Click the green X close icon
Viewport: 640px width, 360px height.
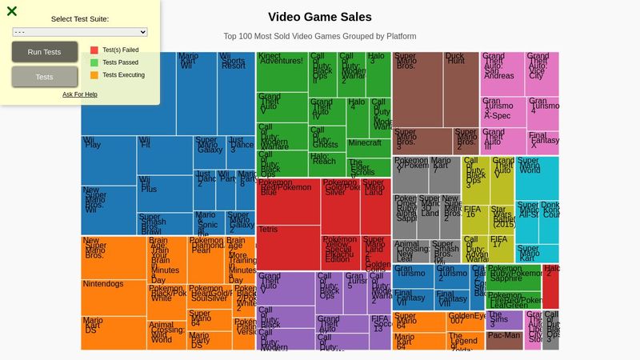(12, 11)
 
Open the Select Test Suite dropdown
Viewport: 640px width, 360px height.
(80, 32)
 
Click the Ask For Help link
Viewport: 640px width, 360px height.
(80, 94)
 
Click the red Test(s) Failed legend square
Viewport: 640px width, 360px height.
(94, 50)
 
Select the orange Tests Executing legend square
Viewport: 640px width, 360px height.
(94, 75)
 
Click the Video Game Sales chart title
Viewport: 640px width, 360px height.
(320, 17)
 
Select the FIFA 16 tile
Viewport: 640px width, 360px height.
(475, 219)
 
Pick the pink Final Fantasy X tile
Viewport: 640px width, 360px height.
(543, 143)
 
